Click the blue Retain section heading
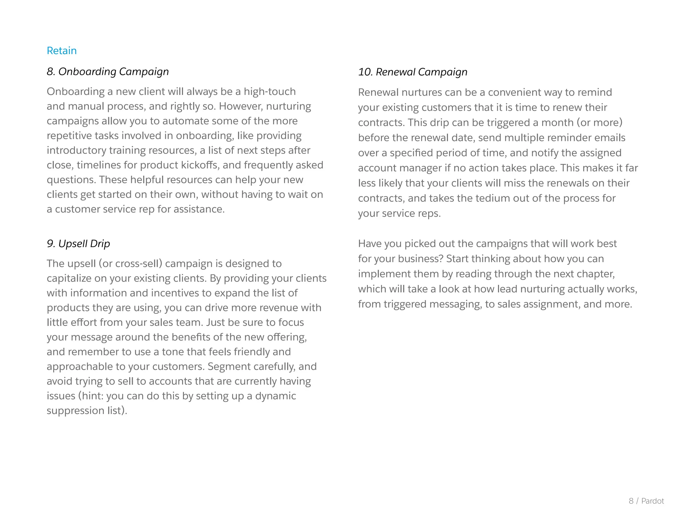click(62, 50)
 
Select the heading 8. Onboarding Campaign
click(108, 72)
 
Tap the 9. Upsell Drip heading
click(78, 243)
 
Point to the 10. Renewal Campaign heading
click(413, 72)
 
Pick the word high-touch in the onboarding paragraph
click(270, 91)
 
